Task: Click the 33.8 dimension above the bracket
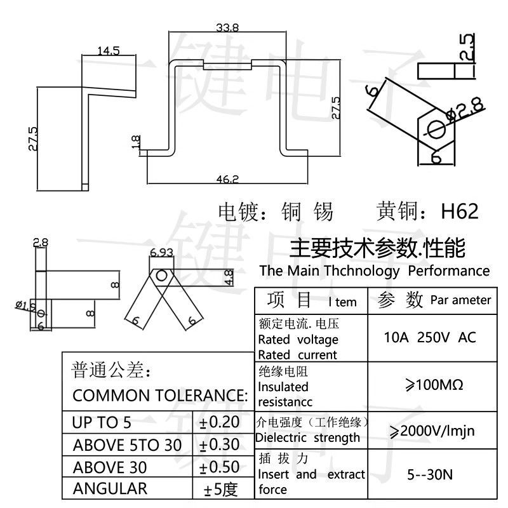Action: [227, 27]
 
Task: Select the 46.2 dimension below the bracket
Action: [227, 179]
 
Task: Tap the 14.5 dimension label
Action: [109, 51]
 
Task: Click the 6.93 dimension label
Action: [161, 252]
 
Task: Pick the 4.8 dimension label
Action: [229, 277]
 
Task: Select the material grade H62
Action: [460, 211]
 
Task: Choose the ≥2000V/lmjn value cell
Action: [432, 431]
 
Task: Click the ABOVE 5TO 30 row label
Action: [127, 445]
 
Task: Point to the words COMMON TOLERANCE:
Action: [161, 396]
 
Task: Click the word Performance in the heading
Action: [449, 271]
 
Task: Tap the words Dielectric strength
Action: [307, 438]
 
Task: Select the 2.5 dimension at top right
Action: [467, 46]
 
